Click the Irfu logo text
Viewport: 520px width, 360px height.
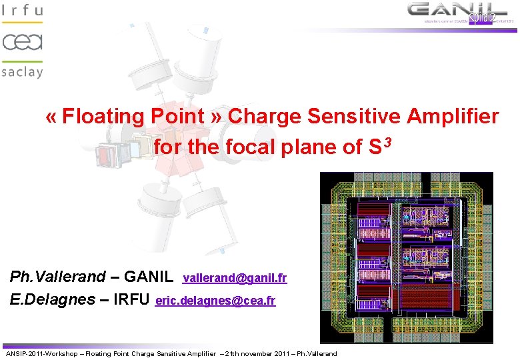22,11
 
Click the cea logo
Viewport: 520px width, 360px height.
22,41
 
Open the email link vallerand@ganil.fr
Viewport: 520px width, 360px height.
235,278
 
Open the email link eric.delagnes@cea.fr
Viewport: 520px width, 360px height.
215,301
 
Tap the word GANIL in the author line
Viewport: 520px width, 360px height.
149,277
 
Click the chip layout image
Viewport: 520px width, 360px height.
407,257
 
